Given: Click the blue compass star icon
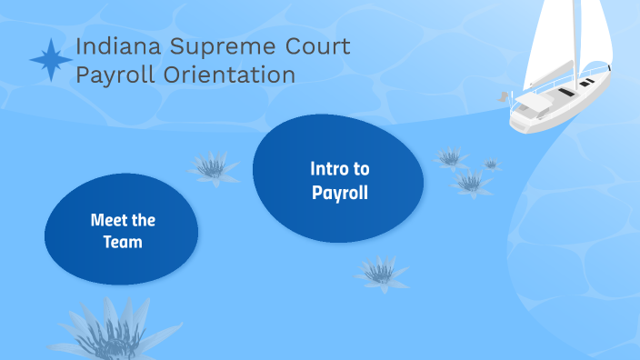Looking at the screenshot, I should click(x=51, y=60).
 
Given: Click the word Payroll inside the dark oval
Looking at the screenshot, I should click(x=339, y=193).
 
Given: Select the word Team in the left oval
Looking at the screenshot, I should click(x=122, y=243).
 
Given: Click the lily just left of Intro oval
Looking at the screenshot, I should click(x=211, y=167).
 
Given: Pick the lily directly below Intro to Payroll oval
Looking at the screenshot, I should click(x=382, y=272).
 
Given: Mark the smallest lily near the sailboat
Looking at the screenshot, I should click(x=491, y=165).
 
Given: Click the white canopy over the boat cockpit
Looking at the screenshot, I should click(x=536, y=104).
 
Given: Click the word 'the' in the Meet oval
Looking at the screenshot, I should click(x=145, y=220).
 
